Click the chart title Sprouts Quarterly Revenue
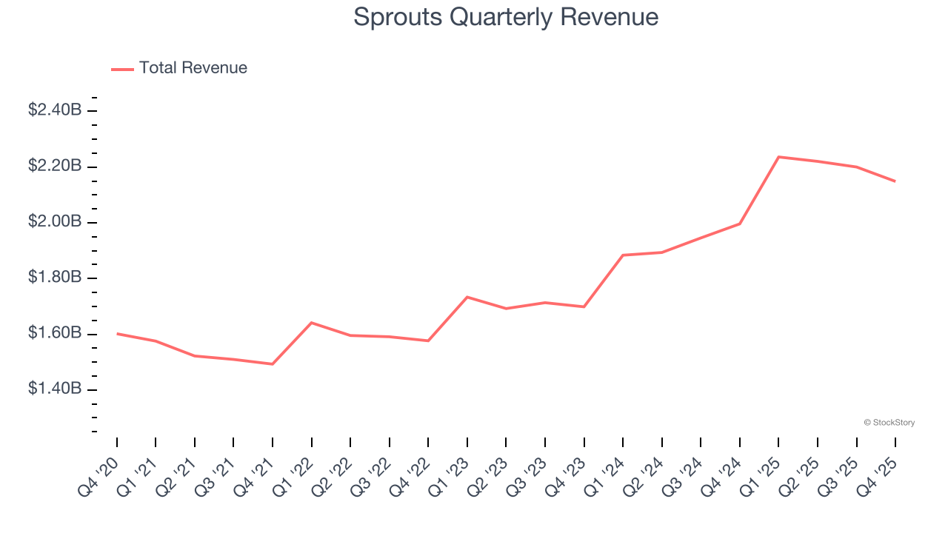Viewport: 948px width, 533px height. [x=506, y=17]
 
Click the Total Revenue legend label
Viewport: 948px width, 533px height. [x=193, y=68]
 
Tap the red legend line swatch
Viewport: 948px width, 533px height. [x=122, y=69]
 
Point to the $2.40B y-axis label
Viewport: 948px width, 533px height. [x=55, y=110]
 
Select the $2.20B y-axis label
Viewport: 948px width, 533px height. [x=55, y=166]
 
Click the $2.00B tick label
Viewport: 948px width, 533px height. [x=55, y=222]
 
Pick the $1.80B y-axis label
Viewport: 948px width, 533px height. [x=55, y=278]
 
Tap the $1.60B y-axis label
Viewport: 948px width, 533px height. [x=55, y=334]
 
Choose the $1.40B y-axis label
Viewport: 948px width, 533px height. [x=55, y=389]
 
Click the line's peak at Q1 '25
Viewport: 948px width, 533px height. [x=778, y=157]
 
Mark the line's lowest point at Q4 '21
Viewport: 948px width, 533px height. [x=273, y=363]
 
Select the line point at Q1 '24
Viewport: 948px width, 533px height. [x=623, y=255]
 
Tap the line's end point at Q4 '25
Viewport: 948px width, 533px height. [x=895, y=181]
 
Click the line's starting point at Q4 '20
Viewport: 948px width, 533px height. [x=117, y=334]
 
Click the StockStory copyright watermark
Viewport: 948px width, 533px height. [x=889, y=423]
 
